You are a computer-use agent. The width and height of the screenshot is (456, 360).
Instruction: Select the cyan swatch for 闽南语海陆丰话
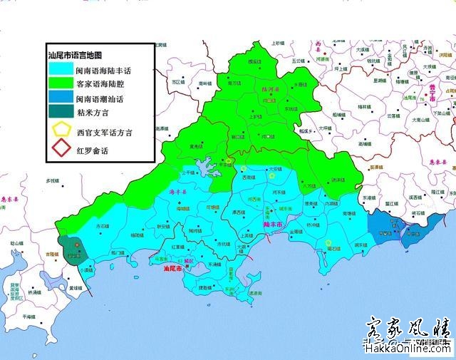60,71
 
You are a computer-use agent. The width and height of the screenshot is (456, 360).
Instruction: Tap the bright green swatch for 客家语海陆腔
60,86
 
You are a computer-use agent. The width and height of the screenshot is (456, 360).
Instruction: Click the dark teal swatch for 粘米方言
60,113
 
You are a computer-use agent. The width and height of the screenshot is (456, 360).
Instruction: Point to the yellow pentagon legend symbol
61,132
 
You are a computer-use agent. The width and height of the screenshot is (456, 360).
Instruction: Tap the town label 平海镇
28,316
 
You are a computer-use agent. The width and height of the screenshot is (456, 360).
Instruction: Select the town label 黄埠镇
75,287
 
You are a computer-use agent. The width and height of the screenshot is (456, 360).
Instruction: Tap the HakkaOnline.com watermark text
406,349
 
